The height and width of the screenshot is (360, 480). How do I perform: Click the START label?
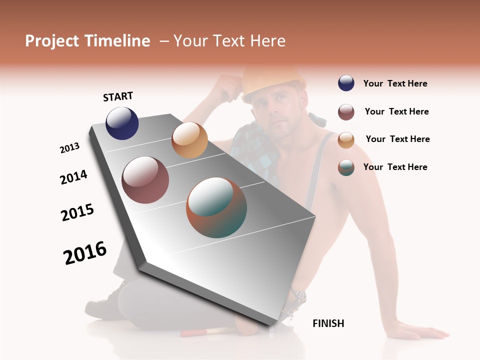(x=118, y=96)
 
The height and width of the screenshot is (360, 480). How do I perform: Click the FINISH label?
(x=328, y=323)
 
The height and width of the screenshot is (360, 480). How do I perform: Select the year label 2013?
(x=69, y=148)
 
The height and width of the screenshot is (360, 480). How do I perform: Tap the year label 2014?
(x=73, y=177)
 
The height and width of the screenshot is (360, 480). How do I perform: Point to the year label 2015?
(x=77, y=212)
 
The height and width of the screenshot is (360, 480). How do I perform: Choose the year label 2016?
(x=85, y=252)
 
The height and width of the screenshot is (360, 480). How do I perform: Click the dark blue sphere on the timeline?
(x=122, y=123)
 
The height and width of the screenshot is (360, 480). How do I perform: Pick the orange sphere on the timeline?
(x=189, y=140)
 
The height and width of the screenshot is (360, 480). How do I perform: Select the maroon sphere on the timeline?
(x=145, y=180)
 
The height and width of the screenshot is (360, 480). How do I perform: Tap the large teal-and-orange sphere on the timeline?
(x=216, y=207)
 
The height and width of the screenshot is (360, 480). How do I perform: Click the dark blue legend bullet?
(x=346, y=83)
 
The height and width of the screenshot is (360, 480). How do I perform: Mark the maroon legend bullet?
(x=346, y=112)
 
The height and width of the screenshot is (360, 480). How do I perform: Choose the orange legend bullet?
(x=346, y=139)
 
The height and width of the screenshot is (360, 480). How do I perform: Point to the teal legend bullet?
(x=346, y=167)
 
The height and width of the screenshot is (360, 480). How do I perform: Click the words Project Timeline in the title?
(x=87, y=41)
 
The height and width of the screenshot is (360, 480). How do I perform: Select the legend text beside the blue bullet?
(x=395, y=84)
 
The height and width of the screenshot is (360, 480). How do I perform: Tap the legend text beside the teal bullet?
(x=395, y=167)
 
